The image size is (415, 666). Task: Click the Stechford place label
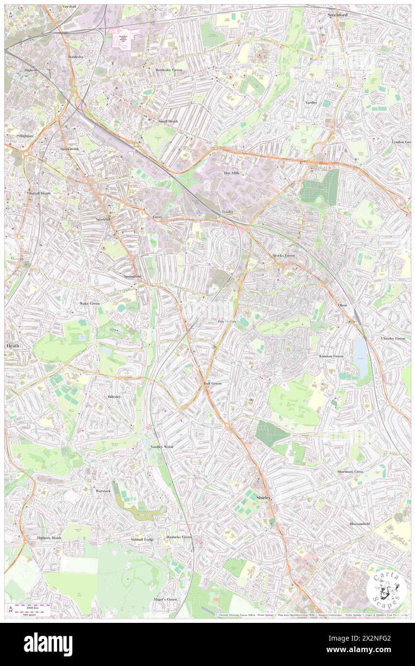tap(337, 15)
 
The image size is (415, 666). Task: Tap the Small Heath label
tap(168, 121)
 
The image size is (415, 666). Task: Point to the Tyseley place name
tap(227, 211)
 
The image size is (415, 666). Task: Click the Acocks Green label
tap(284, 255)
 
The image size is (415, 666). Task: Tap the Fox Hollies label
tap(227, 321)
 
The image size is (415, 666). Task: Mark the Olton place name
tap(342, 305)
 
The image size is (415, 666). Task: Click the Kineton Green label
tap(331, 356)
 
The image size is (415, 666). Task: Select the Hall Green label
tap(212, 383)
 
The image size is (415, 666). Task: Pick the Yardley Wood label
tap(161, 447)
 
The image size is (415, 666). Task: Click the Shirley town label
tap(264, 498)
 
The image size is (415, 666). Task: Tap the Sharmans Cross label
tap(349, 471)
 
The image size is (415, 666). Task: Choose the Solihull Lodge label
tap(142, 540)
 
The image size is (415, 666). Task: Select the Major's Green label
tap(165, 599)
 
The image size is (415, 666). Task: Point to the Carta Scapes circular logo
tap(386, 590)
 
